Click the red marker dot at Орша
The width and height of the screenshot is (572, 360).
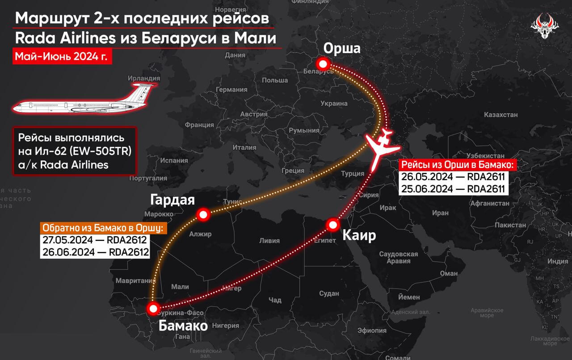321,64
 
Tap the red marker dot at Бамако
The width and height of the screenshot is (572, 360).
153,308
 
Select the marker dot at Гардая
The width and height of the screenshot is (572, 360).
203,215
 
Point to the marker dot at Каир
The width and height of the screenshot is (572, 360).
332,224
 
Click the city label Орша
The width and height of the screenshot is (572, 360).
342,48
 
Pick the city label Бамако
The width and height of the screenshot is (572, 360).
183,326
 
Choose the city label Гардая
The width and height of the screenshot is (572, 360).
172,200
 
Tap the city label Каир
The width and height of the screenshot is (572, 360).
359,235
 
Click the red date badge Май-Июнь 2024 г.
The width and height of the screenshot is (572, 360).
61,57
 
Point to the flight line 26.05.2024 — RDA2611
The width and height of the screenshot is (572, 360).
453,177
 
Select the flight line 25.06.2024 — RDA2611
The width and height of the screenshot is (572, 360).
453,188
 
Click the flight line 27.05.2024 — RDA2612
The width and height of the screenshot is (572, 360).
95,241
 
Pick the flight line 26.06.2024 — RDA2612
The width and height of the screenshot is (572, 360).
95,252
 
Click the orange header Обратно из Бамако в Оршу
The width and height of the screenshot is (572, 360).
103,228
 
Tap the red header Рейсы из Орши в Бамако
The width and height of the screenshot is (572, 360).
458,165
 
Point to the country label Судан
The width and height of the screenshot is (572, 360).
329,293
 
